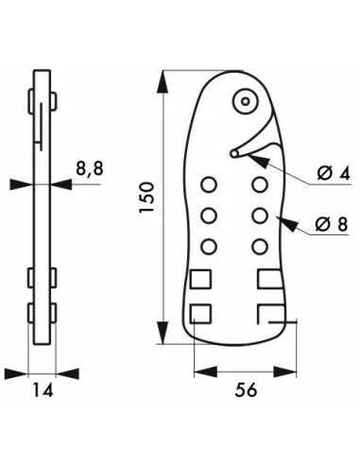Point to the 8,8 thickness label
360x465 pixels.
point(89,170)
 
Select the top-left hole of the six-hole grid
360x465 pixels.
point(209,183)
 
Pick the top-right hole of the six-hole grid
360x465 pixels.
point(259,183)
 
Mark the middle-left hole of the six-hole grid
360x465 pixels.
point(209,215)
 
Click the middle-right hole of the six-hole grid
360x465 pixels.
point(259,215)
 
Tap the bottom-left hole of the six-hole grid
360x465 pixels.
point(209,247)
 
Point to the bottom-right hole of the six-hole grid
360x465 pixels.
point(259,247)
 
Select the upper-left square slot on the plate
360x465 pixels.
point(200,278)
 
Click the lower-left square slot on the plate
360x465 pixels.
point(200,313)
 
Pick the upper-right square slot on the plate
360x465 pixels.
point(267,278)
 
